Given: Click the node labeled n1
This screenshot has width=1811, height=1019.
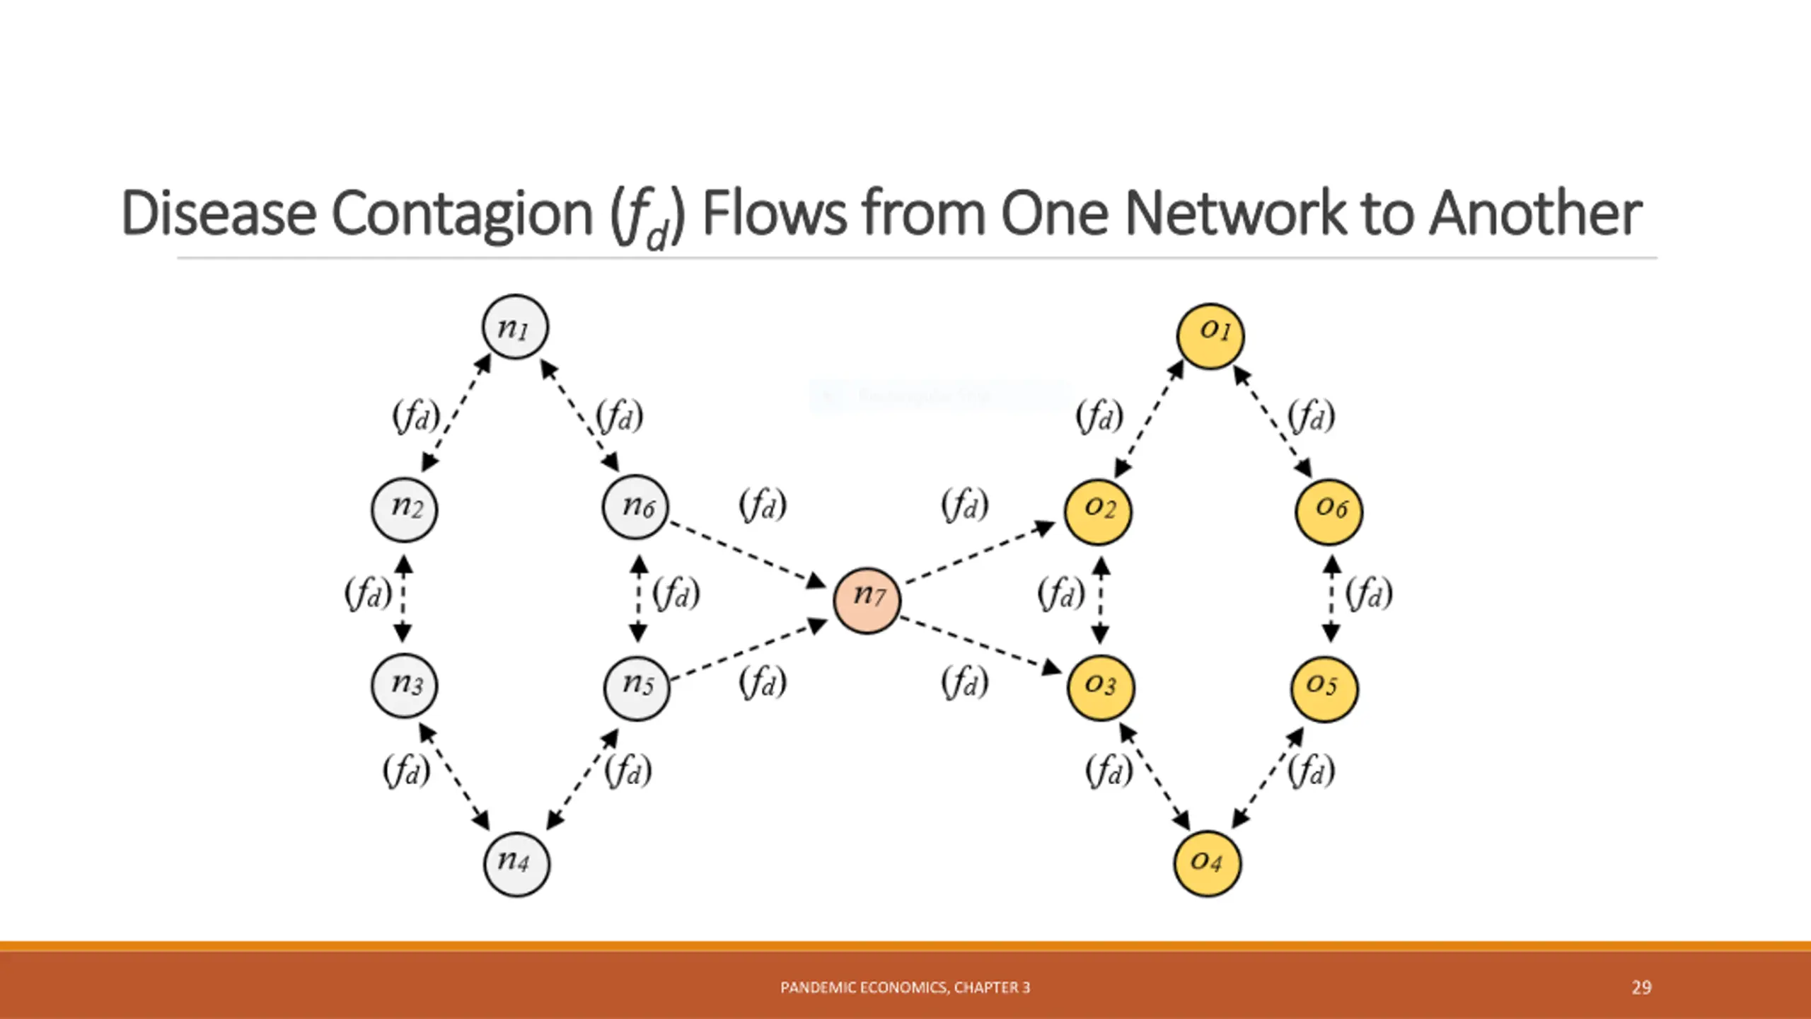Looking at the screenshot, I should [515, 327].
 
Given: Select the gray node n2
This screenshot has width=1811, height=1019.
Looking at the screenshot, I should [404, 509].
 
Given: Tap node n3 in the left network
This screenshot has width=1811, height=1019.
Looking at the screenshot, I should [404, 685].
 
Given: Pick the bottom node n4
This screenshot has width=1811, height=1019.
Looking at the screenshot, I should [516, 864].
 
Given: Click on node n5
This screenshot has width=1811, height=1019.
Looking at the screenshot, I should [636, 687].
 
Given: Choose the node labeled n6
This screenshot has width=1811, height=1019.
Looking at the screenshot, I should [635, 507].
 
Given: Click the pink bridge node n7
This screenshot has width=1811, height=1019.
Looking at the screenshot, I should [867, 600].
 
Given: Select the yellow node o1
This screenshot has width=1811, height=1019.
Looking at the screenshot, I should [1210, 336].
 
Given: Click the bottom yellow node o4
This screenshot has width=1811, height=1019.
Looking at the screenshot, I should [1207, 863].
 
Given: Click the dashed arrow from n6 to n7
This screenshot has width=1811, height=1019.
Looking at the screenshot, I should [746, 554].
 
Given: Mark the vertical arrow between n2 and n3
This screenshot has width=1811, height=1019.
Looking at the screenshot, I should [403, 598].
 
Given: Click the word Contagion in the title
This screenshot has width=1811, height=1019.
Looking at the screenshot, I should [461, 213].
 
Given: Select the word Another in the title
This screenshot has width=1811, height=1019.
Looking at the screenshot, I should [1534, 213].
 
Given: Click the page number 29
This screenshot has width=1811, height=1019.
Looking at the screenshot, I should [1641, 987].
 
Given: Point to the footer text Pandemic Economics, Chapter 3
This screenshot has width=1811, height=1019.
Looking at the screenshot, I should [905, 987].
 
